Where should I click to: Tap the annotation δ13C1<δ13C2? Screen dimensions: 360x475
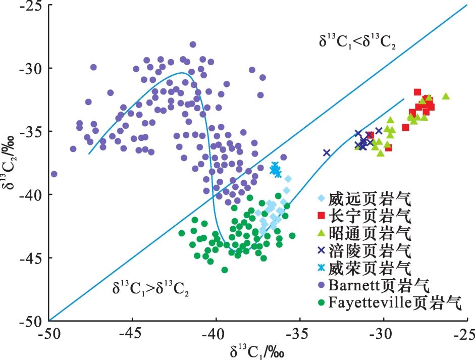[x=357, y=42]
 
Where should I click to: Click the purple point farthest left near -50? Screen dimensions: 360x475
[x=54, y=174]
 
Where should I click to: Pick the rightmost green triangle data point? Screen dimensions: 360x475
[x=446, y=96]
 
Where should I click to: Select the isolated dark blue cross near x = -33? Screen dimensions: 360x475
[x=327, y=152]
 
